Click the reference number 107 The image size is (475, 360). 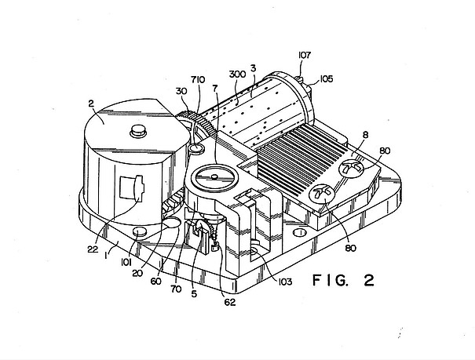pyautogui.click(x=305, y=55)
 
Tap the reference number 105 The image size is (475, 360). pyautogui.click(x=327, y=79)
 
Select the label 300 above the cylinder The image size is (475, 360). pyautogui.click(x=237, y=74)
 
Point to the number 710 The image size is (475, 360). pyautogui.click(x=198, y=79)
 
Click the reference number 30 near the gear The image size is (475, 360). pyautogui.click(x=181, y=91)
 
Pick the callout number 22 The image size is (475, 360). pyautogui.click(x=93, y=249)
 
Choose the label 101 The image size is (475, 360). pyautogui.click(x=126, y=262)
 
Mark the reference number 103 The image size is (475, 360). pyautogui.click(x=285, y=282)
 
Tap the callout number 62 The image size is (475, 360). pyautogui.click(x=229, y=302)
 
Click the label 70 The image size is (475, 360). pyautogui.click(x=176, y=289)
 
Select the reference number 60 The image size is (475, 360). pyautogui.click(x=155, y=282)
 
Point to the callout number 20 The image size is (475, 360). pyautogui.click(x=137, y=273)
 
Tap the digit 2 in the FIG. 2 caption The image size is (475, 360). pyautogui.click(x=369, y=281)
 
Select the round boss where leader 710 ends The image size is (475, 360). pyautogui.click(x=196, y=148)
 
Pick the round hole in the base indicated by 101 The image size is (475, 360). pyautogui.click(x=140, y=233)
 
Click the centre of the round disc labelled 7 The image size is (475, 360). pyautogui.click(x=214, y=178)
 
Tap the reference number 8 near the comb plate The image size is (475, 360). pyautogui.click(x=365, y=135)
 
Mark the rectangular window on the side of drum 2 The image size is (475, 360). pyautogui.click(x=132, y=187)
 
